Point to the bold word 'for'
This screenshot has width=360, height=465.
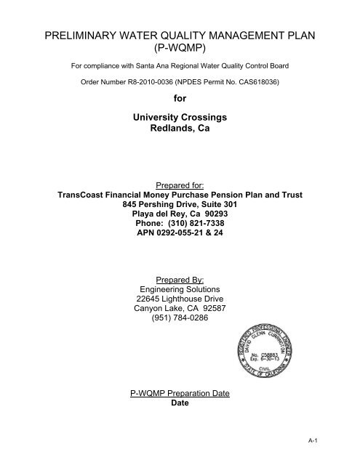[179, 97]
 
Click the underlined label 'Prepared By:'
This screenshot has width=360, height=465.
[179, 279]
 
